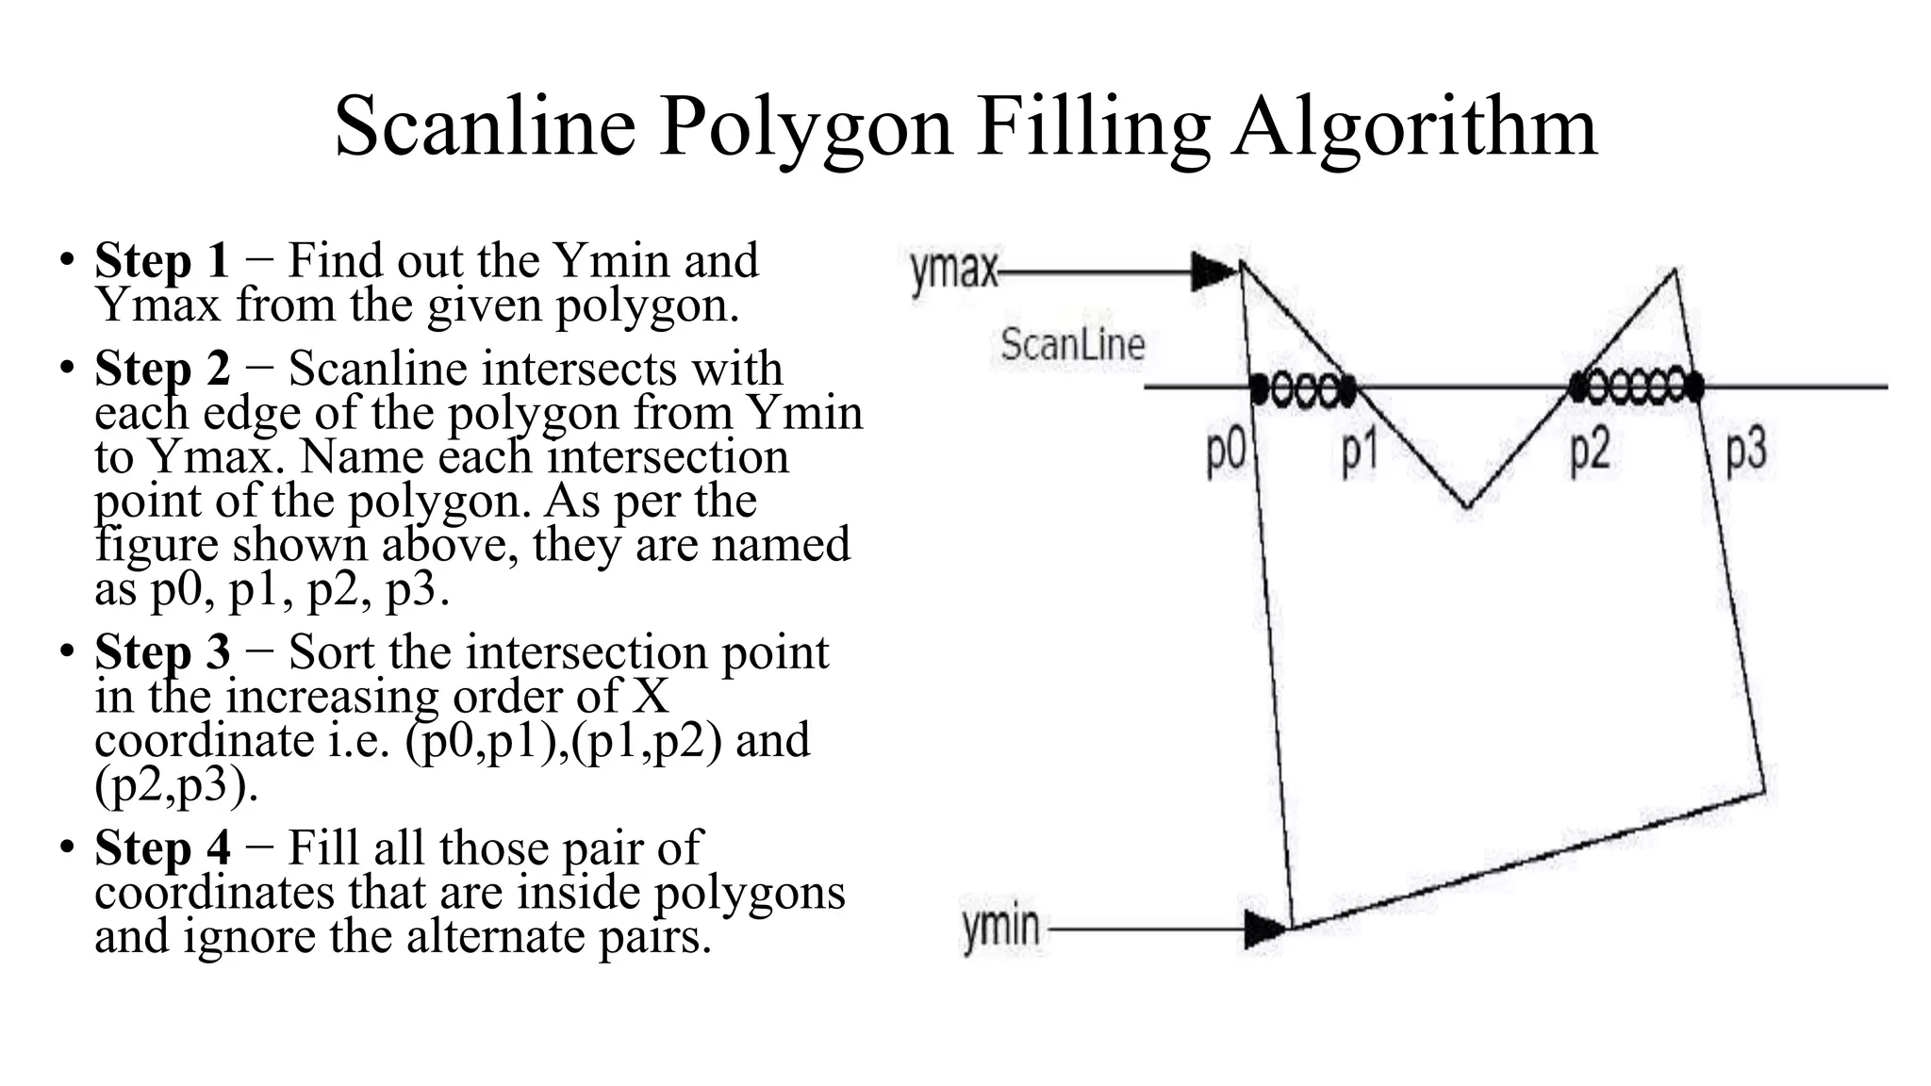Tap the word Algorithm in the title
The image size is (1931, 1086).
[x=1414, y=128]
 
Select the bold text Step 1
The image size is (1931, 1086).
[x=162, y=260]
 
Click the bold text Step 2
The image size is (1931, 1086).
[x=162, y=369]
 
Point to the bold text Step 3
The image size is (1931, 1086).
[x=162, y=652]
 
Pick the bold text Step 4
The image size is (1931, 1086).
[x=162, y=847]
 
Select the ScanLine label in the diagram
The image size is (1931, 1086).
[x=1072, y=344]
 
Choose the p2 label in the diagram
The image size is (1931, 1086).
[x=1590, y=451]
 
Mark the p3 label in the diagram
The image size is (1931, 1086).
[x=1745, y=451]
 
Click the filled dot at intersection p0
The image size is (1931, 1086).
[x=1260, y=387]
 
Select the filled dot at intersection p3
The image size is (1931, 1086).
[x=1694, y=387]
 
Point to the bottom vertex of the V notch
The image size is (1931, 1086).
[x=1466, y=507]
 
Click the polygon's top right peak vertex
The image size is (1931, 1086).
[x=1675, y=271]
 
